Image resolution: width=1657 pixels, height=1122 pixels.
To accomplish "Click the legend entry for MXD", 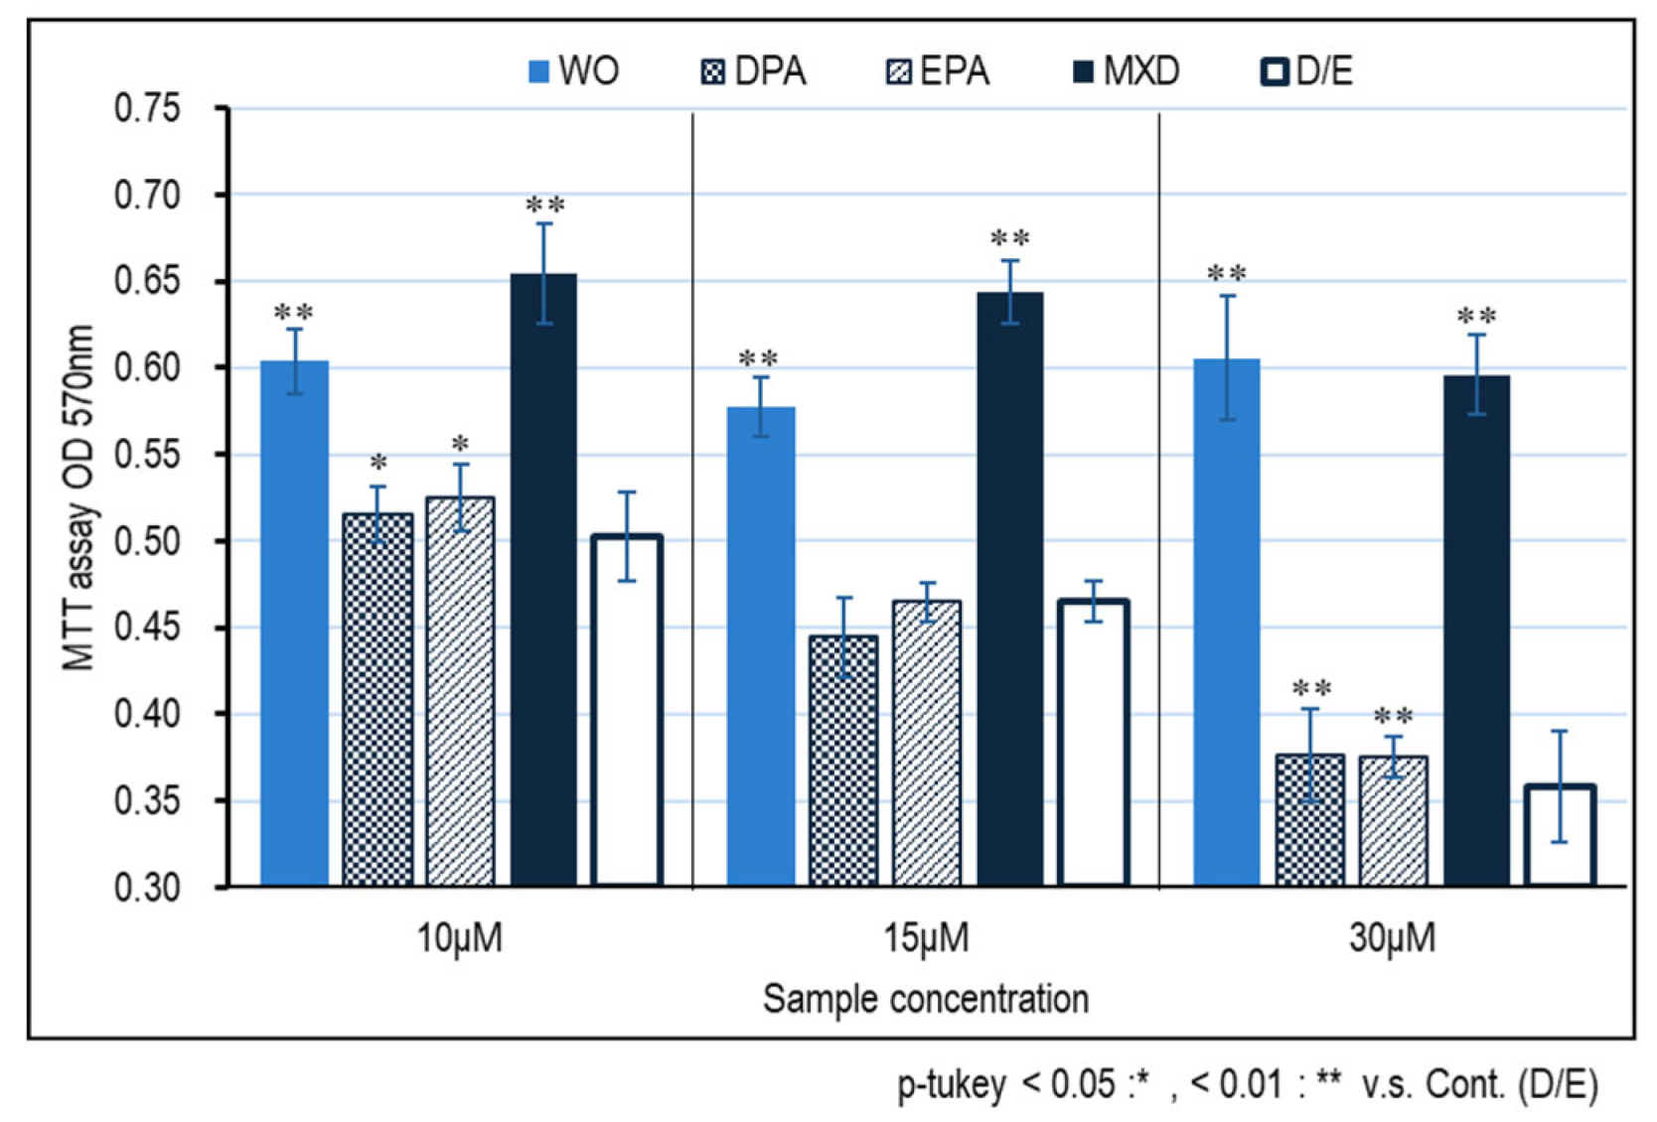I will click(x=1128, y=71).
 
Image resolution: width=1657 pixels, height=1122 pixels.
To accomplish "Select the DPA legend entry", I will click(x=754, y=71).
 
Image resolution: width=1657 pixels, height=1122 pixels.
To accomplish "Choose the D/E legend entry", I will click(x=1307, y=71).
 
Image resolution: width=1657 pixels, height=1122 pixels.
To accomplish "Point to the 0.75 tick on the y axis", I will click(x=147, y=107).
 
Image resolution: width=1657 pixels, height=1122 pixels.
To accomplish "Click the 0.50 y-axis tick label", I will click(x=147, y=541).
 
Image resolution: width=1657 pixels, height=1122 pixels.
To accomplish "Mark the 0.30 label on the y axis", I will click(x=147, y=887).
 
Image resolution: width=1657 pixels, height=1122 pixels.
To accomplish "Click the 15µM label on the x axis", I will click(x=926, y=937).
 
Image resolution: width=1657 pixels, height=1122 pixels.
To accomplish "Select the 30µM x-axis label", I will click(x=1392, y=937).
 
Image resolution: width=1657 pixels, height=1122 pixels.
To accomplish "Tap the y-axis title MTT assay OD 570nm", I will click(x=77, y=496).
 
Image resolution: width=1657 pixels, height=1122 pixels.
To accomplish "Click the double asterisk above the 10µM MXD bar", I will click(x=544, y=206).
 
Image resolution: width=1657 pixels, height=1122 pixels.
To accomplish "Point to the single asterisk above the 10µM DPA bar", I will click(x=378, y=464).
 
